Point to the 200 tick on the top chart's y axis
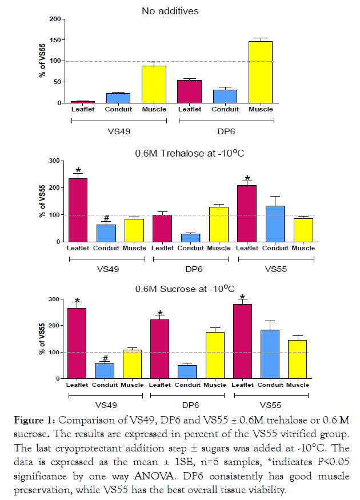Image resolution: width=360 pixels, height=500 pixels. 55,19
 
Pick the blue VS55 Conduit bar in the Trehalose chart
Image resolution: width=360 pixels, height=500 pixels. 275,223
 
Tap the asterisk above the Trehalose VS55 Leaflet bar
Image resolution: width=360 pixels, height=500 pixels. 247,179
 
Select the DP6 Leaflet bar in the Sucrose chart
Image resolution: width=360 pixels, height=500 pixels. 161,349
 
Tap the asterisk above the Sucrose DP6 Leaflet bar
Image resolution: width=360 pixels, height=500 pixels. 161,313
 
